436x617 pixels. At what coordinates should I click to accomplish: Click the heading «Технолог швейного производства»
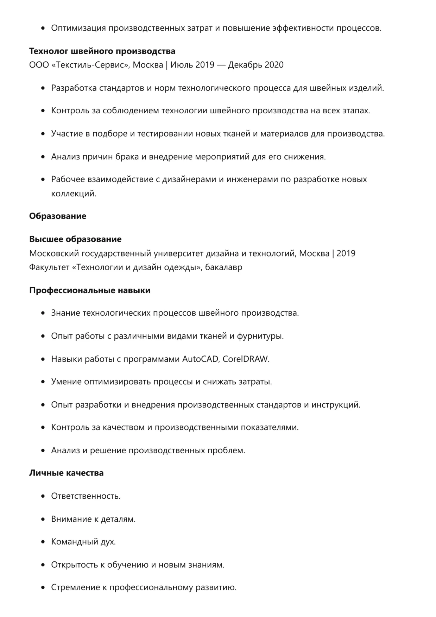pos(102,51)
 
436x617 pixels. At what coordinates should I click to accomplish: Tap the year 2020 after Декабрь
pos(274,65)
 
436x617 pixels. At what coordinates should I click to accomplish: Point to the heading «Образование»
pos(58,216)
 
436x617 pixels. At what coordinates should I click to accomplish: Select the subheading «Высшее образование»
pos(75,239)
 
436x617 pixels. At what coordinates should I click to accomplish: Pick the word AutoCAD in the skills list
pos(200,359)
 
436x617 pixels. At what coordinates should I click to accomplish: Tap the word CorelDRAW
pos(245,359)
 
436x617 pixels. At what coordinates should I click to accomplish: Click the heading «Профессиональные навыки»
pos(90,290)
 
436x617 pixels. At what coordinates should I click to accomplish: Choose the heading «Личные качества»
pos(66,473)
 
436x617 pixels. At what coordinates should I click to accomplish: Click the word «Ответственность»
pos(85,496)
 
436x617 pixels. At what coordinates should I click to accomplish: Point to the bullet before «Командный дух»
pos(43,542)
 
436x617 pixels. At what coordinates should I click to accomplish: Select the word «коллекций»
pos(73,194)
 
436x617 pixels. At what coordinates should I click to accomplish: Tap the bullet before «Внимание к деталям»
pos(43,519)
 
